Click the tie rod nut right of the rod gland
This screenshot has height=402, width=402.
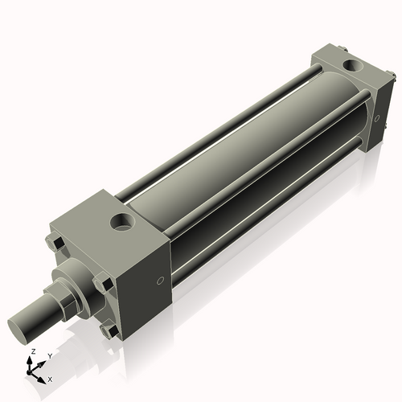[x=102, y=282]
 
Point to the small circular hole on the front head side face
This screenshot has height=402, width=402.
[x=160, y=280]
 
